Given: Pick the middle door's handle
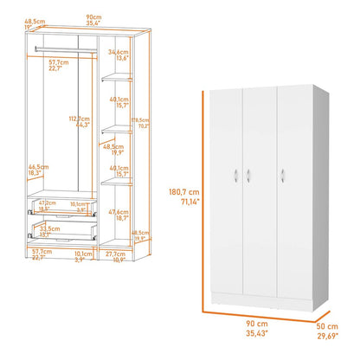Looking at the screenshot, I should click(247, 177).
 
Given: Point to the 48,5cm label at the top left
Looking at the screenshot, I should click(35, 22).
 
